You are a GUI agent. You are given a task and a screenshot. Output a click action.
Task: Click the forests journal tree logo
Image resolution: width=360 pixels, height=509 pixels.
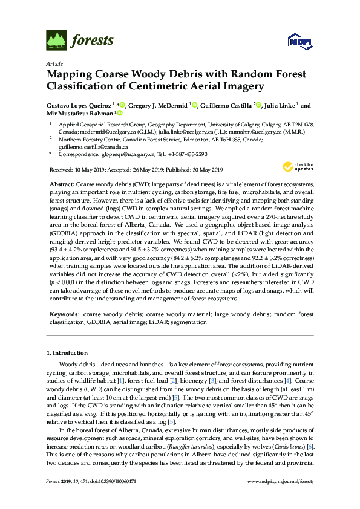(56, 41)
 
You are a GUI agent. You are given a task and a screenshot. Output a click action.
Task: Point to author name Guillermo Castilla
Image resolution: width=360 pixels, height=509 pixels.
(225, 105)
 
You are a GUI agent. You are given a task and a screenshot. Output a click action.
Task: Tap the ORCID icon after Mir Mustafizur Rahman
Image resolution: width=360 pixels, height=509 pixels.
(120, 112)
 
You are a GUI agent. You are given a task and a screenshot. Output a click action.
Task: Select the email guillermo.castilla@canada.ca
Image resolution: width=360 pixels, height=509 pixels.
(93, 146)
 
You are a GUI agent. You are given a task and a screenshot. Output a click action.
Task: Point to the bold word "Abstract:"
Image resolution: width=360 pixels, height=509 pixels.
(62, 184)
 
